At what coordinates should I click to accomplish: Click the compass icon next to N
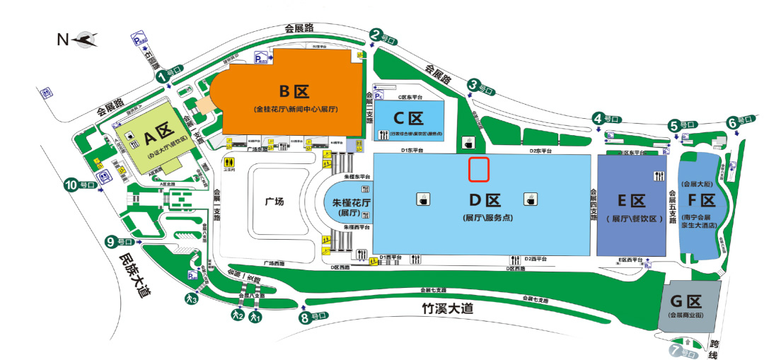coord(86,40)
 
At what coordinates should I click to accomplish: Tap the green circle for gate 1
coord(161,75)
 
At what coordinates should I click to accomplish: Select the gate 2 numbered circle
coord(376,34)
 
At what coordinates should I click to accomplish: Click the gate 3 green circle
coord(473,85)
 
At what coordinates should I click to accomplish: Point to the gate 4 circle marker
coord(598,119)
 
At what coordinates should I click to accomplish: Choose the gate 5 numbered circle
coord(673,125)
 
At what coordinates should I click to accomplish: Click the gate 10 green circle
coord(71,185)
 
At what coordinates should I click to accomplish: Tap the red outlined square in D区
coord(480,169)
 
